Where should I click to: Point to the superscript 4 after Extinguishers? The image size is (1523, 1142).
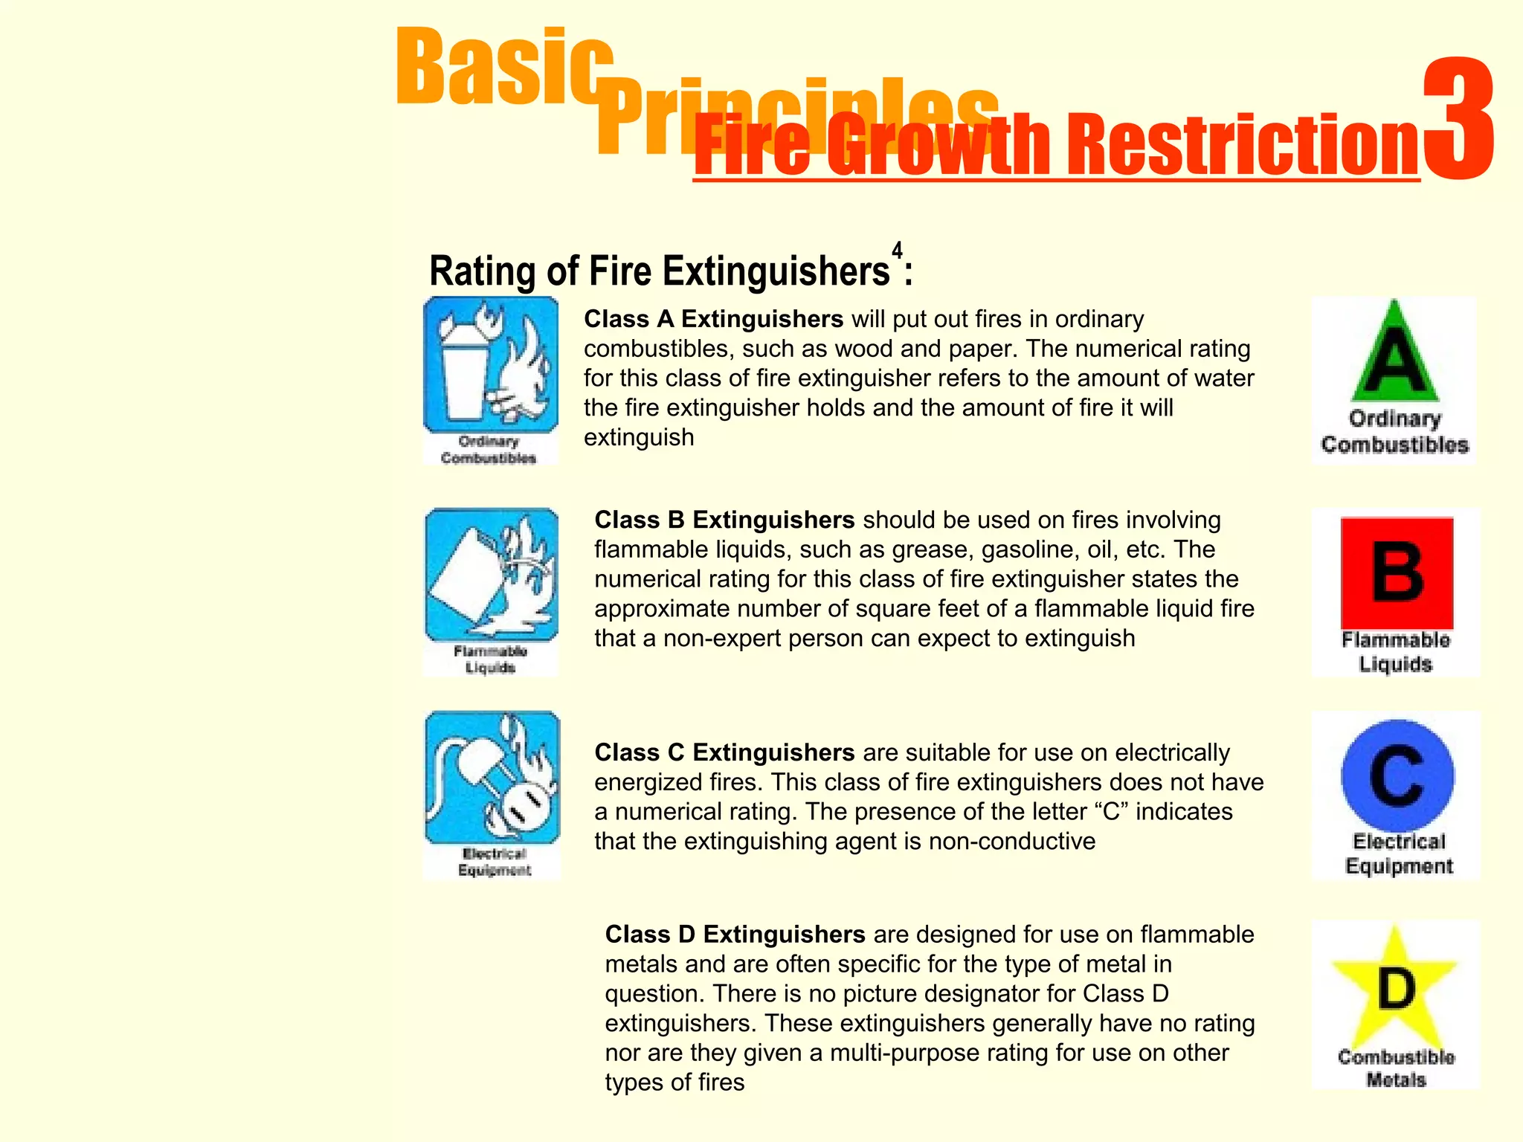click(898, 251)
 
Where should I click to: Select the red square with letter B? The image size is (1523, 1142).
click(1397, 573)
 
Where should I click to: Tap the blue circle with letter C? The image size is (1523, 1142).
click(1397, 775)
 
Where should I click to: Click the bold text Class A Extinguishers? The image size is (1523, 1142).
click(713, 319)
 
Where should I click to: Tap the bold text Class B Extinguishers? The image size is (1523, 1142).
click(724, 520)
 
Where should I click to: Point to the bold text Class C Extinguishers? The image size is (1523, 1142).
click(724, 752)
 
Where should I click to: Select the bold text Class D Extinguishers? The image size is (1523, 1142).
click(735, 934)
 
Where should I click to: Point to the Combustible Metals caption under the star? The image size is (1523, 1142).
click(1396, 1068)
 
